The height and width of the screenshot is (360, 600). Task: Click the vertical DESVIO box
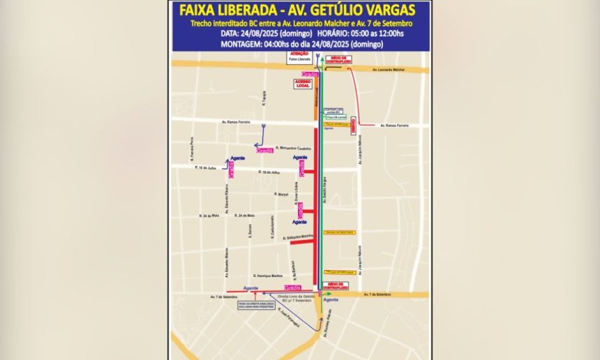(353, 125)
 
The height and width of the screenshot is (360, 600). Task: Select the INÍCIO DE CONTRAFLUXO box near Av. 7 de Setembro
(336, 285)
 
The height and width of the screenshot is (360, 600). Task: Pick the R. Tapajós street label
(264, 100)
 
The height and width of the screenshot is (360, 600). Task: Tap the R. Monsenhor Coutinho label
(293, 147)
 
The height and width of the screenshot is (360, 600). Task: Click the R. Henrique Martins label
(268, 275)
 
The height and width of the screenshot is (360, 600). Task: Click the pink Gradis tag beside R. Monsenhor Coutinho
(264, 150)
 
